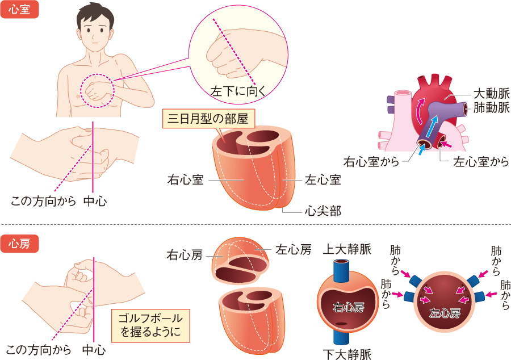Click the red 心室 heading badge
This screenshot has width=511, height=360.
click(20, 10)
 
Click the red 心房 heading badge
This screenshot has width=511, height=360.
click(20, 242)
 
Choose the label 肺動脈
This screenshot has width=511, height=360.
click(492, 107)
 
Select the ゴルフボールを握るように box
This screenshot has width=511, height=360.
click(150, 325)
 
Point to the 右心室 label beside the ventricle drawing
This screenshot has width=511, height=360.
click(185, 180)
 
